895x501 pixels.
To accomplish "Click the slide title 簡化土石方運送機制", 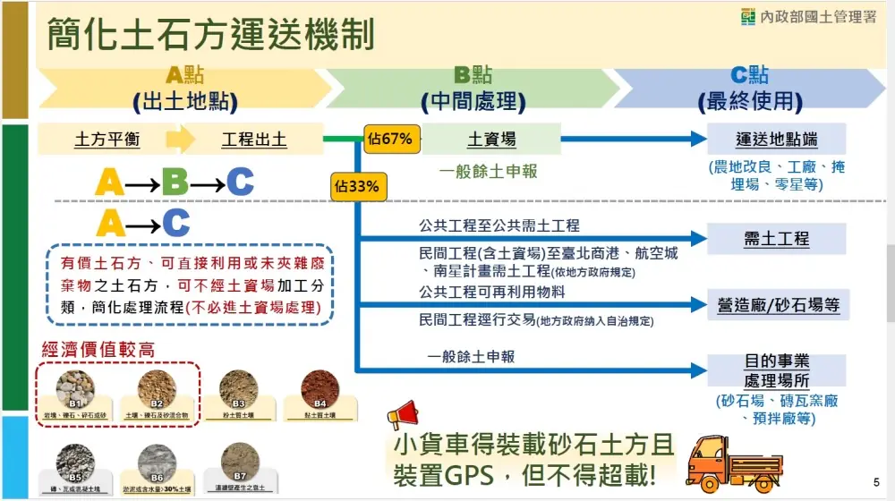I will point(210,37).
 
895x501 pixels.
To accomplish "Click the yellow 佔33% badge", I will point(356,187).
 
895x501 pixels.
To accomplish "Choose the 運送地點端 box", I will point(776,140).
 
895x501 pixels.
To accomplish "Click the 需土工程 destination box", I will point(776,239).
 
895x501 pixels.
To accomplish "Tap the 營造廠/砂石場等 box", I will point(776,304).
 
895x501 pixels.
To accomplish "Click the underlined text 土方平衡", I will point(107,140).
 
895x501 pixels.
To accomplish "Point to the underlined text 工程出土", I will point(254,140).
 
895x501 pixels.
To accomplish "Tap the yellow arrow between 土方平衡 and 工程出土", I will point(180,140).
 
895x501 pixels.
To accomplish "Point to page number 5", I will point(875,480).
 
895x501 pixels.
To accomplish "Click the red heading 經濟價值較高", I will point(98,349).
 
